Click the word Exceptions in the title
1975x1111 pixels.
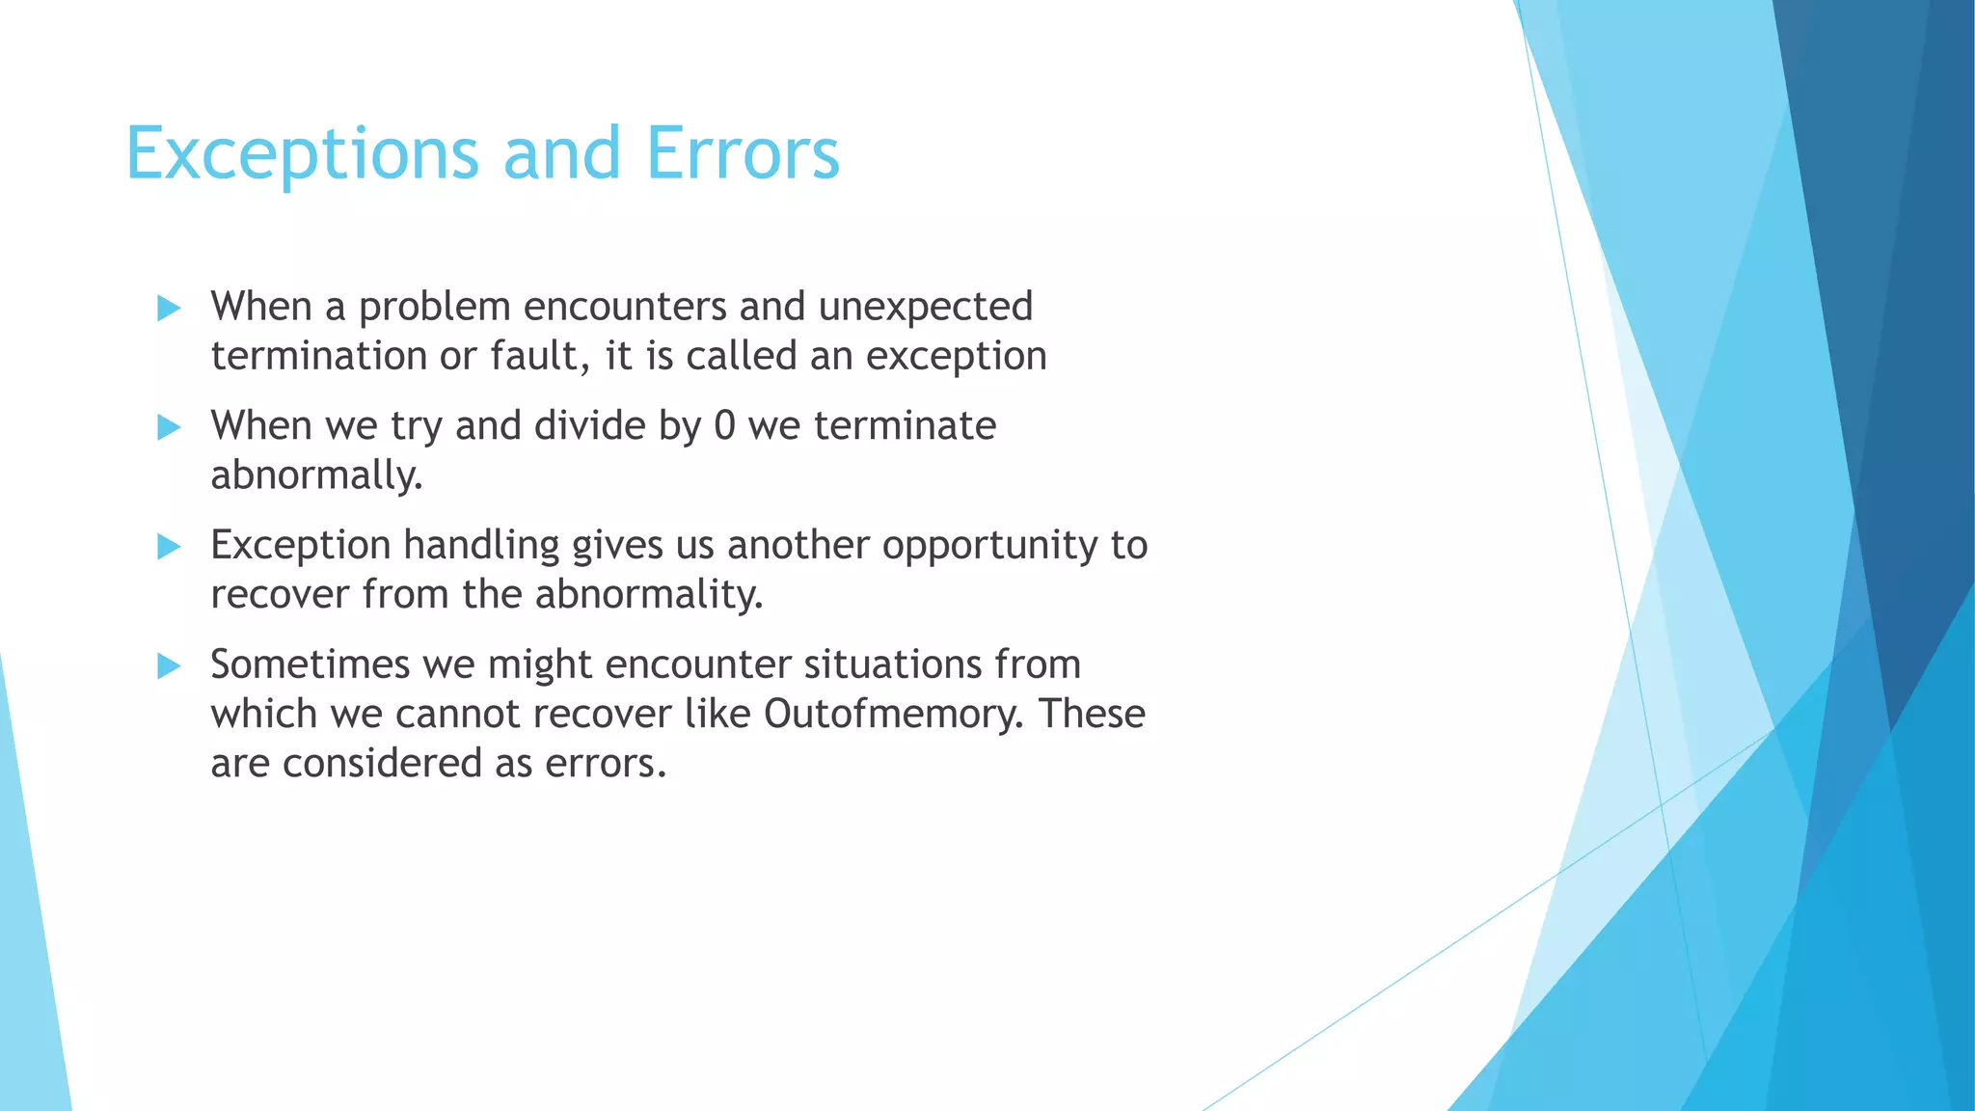click(x=301, y=154)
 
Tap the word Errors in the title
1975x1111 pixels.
click(x=743, y=154)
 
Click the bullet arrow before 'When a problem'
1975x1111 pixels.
click(x=169, y=309)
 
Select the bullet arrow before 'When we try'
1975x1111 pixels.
click(x=169, y=427)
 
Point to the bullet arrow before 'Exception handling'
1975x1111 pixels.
click(x=169, y=547)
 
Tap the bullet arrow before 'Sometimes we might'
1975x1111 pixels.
click(x=169, y=665)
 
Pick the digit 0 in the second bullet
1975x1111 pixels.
click(x=724, y=426)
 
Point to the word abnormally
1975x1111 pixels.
click(x=316, y=475)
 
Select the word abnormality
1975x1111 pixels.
click(x=648, y=594)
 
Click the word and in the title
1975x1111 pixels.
click(x=562, y=154)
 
